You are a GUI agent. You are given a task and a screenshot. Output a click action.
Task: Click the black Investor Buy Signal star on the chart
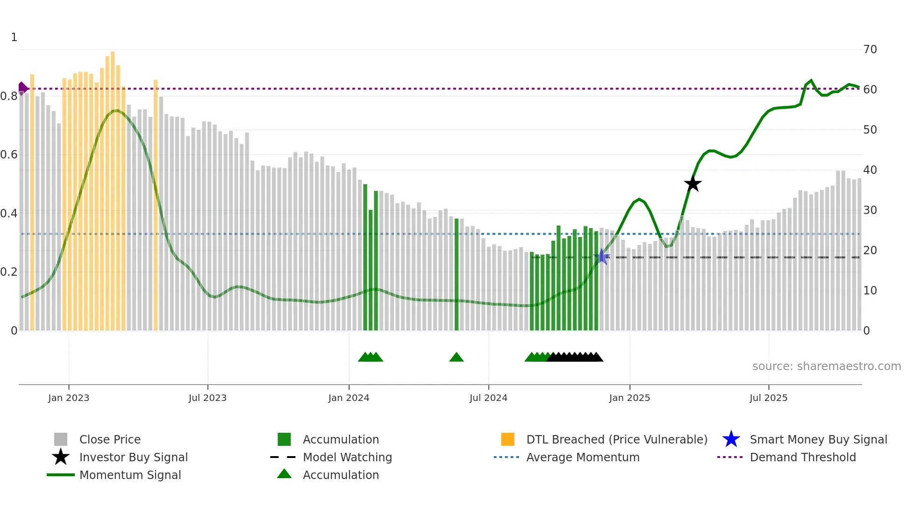point(693,184)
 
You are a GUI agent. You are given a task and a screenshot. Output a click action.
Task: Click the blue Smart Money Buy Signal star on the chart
point(602,257)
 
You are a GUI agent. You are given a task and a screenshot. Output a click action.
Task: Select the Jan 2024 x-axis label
point(349,398)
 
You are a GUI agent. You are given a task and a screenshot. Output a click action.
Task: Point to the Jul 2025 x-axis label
point(768,398)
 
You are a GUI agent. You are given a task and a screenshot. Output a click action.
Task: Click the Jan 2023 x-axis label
point(69,398)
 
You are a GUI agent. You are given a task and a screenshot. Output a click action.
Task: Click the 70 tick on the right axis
point(870,50)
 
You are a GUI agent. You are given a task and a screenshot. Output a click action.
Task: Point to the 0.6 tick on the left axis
point(9,155)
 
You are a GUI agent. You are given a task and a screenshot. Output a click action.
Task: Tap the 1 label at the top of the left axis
point(14,37)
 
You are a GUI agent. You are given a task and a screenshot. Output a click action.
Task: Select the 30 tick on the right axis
point(870,210)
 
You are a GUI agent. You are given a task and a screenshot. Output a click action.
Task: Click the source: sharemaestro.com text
point(826,366)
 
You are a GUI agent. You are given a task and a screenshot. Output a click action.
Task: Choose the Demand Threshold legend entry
point(802,457)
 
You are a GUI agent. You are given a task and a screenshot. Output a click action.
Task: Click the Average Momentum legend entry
point(582,457)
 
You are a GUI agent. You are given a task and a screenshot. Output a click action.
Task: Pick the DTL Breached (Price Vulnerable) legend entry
point(616,439)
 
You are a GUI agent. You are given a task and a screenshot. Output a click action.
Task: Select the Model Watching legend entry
point(347,457)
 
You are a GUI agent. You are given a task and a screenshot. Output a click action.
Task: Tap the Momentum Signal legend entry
point(130,475)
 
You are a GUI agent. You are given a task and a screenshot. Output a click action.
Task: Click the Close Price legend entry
point(110,439)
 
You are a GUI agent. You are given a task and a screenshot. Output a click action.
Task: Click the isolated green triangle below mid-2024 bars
point(456,358)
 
